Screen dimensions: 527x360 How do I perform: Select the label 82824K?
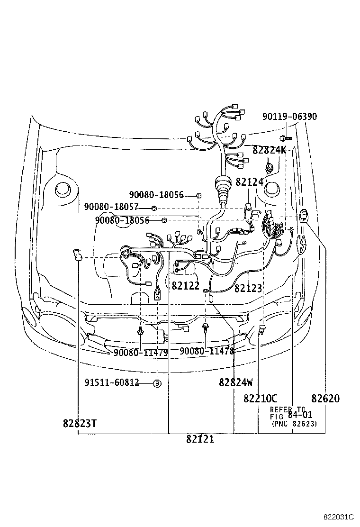point(269,150)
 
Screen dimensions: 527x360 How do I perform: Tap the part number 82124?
point(249,182)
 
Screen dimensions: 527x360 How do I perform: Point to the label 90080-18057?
point(111,207)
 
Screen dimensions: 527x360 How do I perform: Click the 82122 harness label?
point(186,286)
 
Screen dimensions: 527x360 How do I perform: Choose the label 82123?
point(248,288)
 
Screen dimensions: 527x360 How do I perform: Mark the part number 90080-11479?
point(140,352)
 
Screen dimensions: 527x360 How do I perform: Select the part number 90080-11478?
point(207,351)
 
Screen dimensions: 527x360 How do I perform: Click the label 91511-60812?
point(112,382)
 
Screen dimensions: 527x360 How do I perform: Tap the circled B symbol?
point(157,383)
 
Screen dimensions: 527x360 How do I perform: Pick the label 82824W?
point(235,382)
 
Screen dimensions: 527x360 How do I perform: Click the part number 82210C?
point(261,399)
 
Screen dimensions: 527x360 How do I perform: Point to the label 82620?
point(325,399)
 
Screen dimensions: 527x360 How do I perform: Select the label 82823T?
point(80,423)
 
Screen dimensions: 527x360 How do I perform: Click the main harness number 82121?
point(200,439)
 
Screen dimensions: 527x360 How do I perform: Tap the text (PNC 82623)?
point(294,424)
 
